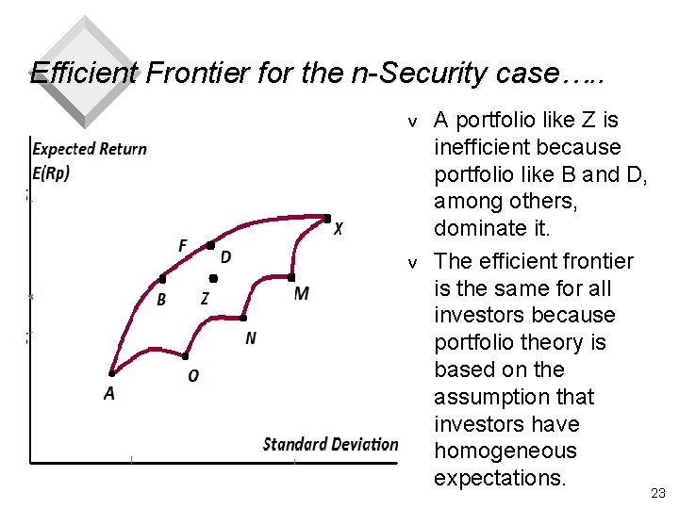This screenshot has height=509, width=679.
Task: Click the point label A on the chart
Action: click(109, 393)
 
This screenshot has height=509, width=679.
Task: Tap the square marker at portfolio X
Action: click(327, 219)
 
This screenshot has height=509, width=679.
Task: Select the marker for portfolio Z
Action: click(213, 279)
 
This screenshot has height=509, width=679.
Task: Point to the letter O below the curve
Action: click(193, 376)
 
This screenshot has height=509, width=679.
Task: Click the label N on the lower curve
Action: click(250, 338)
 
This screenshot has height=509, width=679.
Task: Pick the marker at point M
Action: click(292, 278)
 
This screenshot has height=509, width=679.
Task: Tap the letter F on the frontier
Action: click(183, 246)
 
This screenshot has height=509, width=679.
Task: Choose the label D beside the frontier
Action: click(226, 257)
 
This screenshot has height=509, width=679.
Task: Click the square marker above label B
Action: click(162, 279)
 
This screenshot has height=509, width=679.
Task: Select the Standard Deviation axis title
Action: click(330, 444)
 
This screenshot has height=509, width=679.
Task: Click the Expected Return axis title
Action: click(90, 148)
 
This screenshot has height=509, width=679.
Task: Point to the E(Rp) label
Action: click(51, 172)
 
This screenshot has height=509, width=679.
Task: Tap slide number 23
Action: click(657, 493)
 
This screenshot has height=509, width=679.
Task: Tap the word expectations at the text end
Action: click(500, 478)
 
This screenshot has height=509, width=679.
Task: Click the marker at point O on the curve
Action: click(186, 356)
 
